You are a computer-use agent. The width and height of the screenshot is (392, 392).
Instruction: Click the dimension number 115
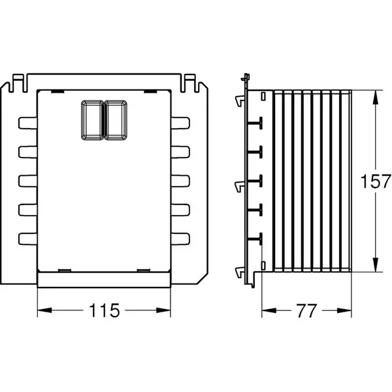click(x=105, y=310)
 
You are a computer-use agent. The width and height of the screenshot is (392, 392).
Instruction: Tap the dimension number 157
click(x=376, y=181)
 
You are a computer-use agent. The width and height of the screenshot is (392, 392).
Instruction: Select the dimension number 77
click(x=306, y=311)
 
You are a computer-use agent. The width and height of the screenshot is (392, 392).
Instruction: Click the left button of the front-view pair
click(x=92, y=120)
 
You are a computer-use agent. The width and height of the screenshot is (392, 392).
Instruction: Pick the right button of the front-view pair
click(x=116, y=120)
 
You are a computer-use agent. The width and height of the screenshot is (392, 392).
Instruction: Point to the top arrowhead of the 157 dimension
click(x=375, y=97)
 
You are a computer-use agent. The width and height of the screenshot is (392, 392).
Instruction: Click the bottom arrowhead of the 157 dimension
click(x=375, y=265)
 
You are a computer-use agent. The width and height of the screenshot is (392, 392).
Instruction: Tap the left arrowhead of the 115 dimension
click(x=44, y=310)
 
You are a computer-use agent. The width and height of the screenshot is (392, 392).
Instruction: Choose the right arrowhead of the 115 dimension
click(x=163, y=310)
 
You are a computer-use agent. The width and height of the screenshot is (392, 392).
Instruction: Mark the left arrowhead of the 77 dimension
click(x=269, y=310)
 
